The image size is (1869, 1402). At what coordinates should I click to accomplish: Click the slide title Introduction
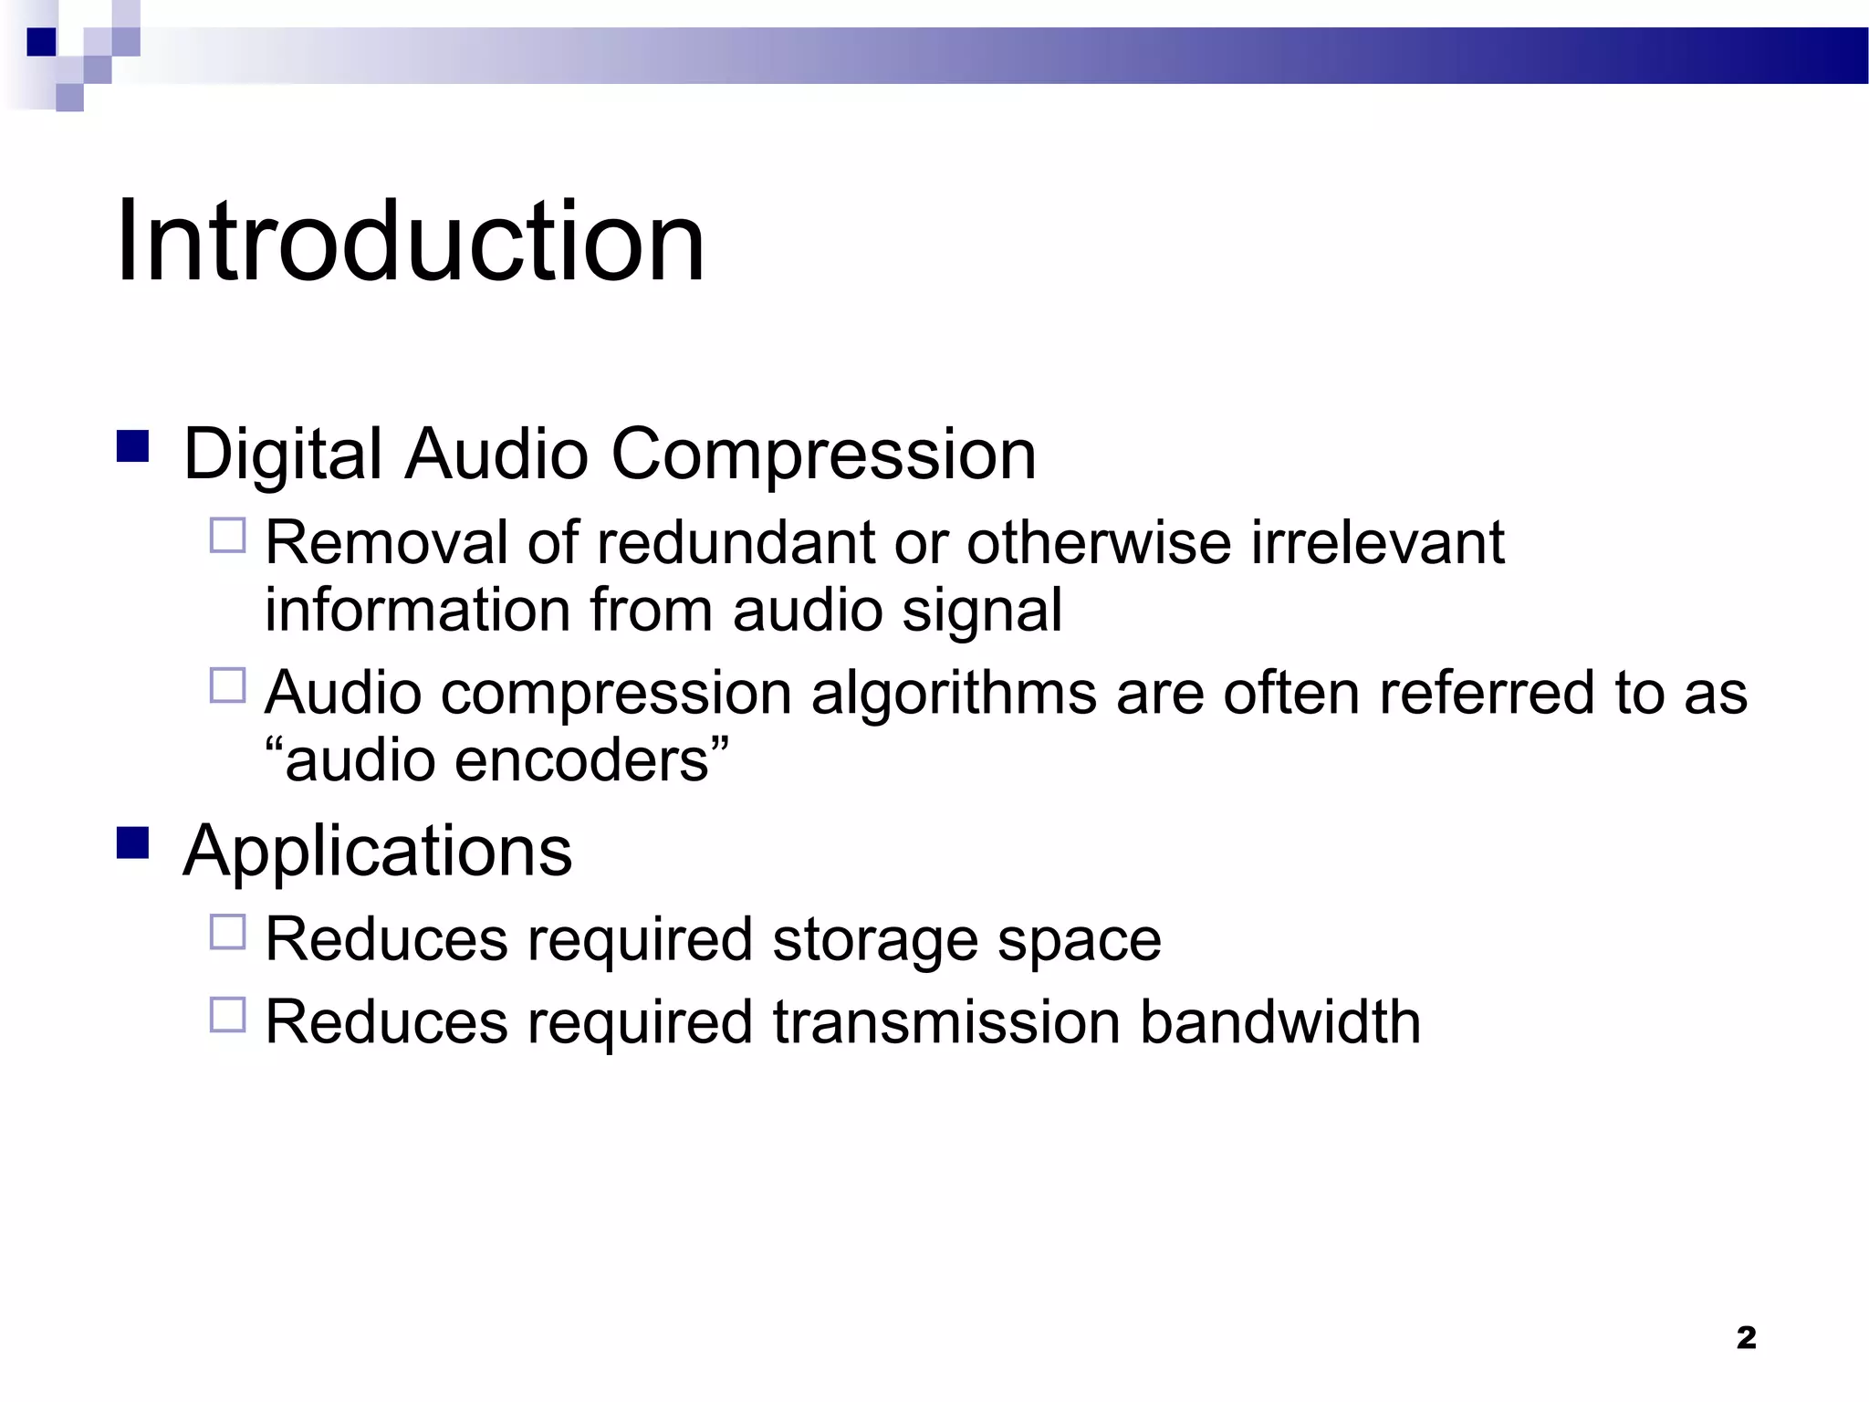(410, 242)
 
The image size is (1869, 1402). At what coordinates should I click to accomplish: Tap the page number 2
(1746, 1337)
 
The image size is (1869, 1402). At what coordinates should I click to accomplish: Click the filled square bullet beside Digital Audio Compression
(133, 446)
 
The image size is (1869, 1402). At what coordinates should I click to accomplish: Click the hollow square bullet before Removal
(228, 536)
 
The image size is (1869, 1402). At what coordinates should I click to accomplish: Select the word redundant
(736, 542)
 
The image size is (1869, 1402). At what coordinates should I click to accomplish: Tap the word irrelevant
(1377, 542)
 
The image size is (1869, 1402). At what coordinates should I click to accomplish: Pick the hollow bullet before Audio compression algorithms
(228, 685)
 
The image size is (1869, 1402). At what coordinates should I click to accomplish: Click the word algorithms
(953, 693)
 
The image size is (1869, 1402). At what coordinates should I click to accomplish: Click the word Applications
(377, 851)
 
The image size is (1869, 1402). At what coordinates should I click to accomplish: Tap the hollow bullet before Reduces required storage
(228, 932)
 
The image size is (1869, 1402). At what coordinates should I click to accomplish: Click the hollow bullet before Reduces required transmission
(228, 1014)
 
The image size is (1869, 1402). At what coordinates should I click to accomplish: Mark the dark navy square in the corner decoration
(41, 42)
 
